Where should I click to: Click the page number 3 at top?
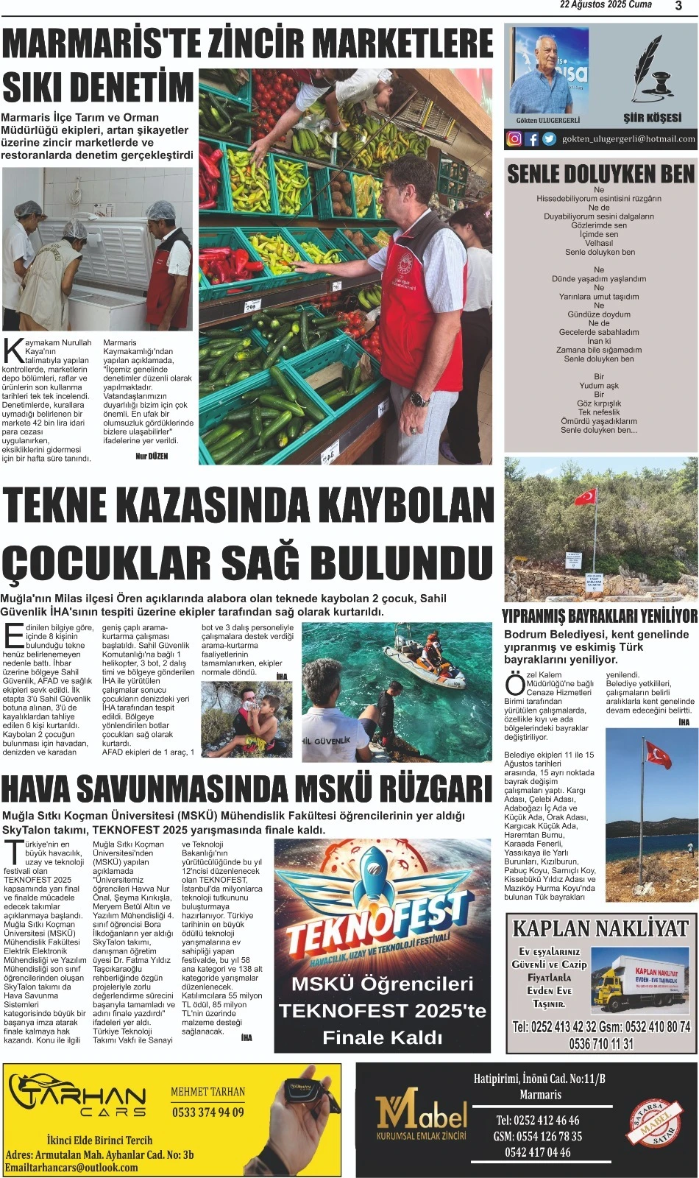pos(678,6)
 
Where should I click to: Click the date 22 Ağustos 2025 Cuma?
pos(606,5)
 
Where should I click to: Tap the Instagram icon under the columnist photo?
pos(515,138)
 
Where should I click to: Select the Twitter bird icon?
pos(549,138)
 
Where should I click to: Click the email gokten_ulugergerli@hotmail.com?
pos(628,138)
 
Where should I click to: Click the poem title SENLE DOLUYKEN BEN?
pos(600,174)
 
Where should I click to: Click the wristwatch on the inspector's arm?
pos(419,398)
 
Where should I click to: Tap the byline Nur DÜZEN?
pos(152,456)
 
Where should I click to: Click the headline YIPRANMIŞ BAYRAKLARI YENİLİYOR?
pos(600,616)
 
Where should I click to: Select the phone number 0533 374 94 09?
pos(207,1112)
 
